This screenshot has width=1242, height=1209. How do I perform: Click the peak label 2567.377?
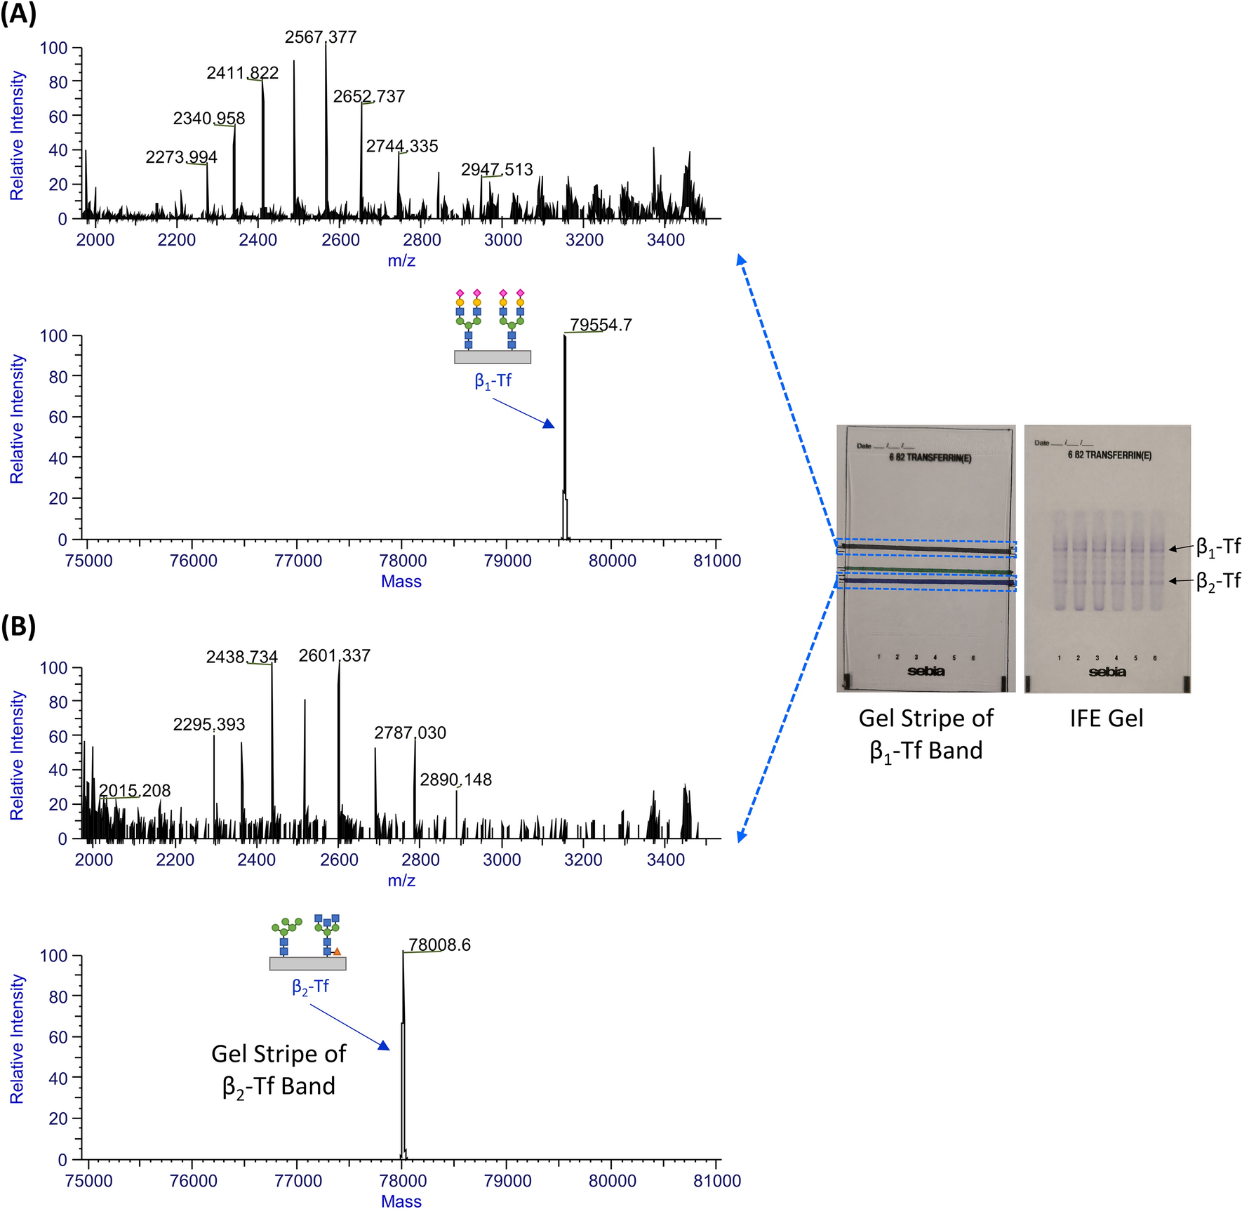point(321,37)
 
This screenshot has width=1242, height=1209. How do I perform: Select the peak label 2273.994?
point(181,157)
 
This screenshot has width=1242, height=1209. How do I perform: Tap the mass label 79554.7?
point(601,325)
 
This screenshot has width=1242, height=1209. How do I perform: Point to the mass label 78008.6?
point(439,945)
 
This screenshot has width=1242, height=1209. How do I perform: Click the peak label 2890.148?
point(455,780)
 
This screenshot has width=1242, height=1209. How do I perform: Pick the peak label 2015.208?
point(135,791)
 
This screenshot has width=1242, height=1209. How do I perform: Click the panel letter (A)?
point(18,14)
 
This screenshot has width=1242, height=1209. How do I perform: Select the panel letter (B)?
point(18,627)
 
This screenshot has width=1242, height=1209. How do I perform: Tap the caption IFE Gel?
point(1106,719)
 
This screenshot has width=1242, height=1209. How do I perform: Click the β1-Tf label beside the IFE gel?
point(1218,547)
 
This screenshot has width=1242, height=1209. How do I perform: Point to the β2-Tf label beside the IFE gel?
point(1218,581)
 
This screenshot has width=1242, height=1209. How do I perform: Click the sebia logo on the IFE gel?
point(1107,672)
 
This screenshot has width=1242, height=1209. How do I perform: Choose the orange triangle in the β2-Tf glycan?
point(338,951)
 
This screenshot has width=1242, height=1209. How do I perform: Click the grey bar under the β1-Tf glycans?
point(492,357)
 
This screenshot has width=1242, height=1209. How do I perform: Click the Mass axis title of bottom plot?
point(401,1201)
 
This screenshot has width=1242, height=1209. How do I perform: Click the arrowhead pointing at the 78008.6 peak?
point(384,1046)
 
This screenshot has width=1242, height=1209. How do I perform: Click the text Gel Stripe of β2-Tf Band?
point(279,1070)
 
